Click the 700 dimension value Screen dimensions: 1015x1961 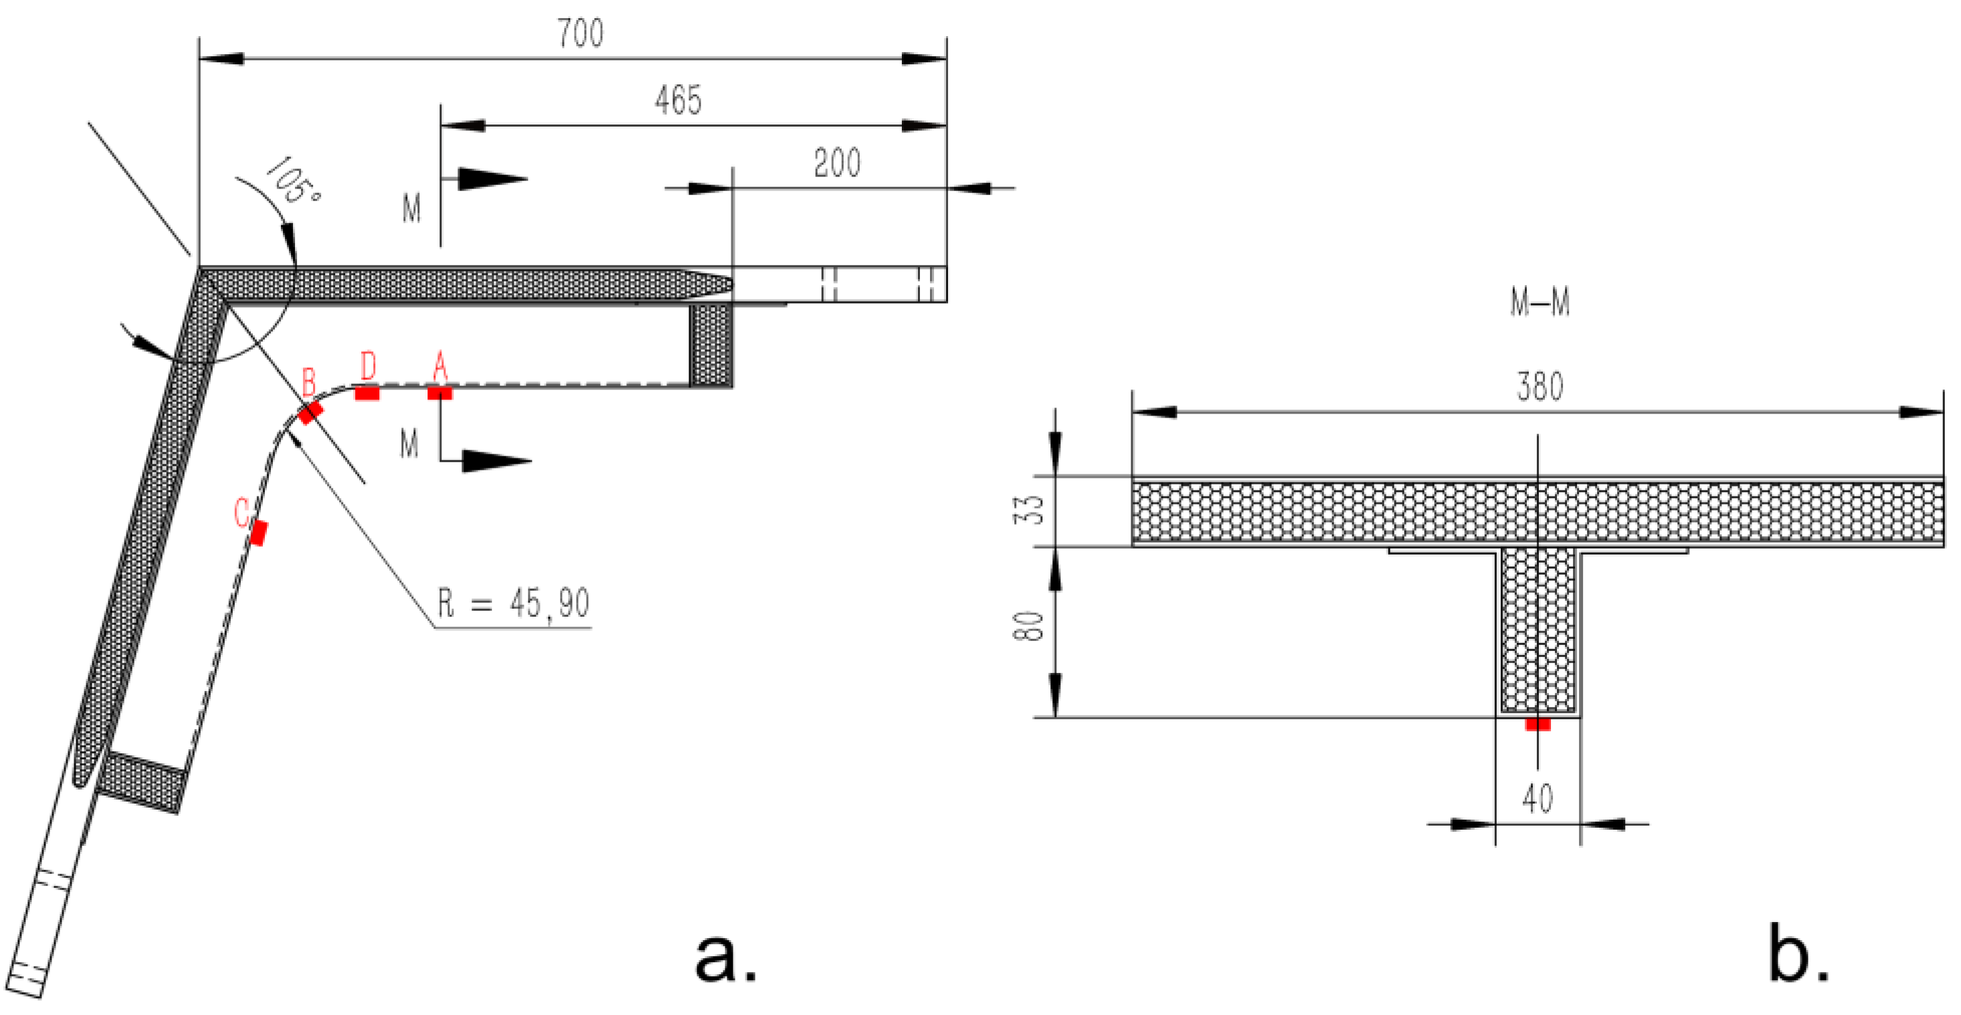[580, 33]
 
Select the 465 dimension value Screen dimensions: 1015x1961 [678, 100]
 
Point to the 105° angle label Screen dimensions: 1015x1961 [292, 181]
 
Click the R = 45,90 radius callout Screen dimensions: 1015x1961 [513, 603]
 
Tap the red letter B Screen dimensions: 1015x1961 [308, 381]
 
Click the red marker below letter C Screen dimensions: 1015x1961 [259, 533]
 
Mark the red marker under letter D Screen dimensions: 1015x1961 [367, 393]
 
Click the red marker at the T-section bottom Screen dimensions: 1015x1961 [1537, 723]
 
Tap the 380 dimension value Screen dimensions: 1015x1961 [1539, 387]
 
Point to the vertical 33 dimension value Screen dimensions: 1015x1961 [1032, 509]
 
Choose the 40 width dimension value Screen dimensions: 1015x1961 [1537, 799]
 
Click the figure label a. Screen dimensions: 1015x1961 [725, 957]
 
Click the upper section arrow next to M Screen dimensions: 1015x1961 [491, 180]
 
